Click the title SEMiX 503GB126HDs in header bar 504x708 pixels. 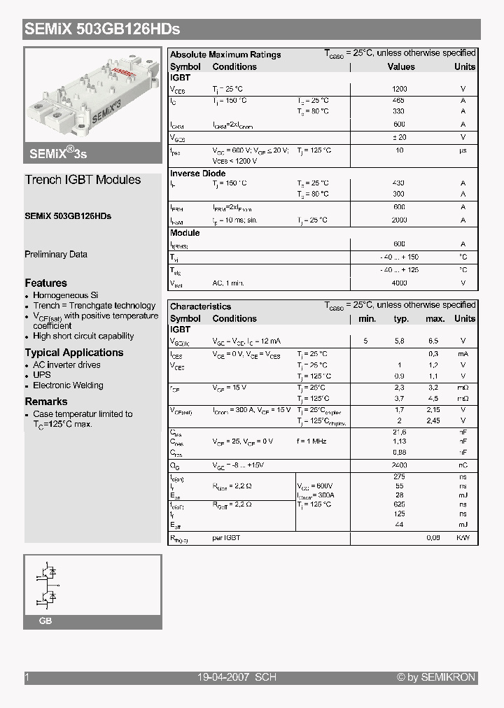[x=102, y=29]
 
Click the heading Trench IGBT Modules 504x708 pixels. [x=83, y=180]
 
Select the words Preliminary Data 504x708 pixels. [x=56, y=255]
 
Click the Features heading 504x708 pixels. [x=46, y=283]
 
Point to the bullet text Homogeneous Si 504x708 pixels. [x=66, y=295]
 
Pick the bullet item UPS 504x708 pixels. [x=42, y=375]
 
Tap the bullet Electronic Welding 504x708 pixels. [x=68, y=385]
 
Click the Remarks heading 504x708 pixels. [x=46, y=402]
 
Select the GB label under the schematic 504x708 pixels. [x=45, y=621]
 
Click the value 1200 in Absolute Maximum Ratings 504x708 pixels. [x=399, y=90]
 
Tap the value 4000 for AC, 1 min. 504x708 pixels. [x=399, y=283]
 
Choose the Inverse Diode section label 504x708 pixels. [x=198, y=174]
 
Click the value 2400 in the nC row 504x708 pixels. [x=399, y=465]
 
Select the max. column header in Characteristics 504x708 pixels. [x=435, y=319]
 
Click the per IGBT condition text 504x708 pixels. [x=226, y=538]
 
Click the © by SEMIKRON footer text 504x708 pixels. [x=436, y=677]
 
